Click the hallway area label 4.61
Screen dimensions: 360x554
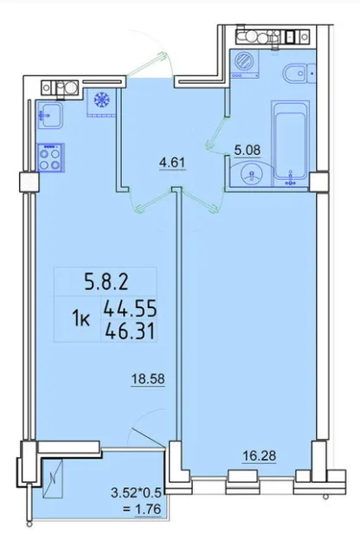172,164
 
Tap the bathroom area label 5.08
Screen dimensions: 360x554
247,150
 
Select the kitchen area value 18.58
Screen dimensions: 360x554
148,379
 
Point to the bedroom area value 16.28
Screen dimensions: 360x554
260,456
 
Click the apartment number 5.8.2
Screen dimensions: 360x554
106,282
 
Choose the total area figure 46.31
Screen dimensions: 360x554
130,332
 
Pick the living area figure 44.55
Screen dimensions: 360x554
130,308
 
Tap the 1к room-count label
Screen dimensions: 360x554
80,319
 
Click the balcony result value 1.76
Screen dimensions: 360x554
148,509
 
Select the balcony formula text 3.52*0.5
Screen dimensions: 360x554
136,493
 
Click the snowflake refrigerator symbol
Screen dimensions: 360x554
102,100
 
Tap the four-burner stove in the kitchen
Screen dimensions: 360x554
50,158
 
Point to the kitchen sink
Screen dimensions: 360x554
50,115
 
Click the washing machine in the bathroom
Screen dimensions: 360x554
244,63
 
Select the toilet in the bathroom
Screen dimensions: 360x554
299,74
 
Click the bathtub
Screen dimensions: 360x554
291,143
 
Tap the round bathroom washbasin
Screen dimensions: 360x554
251,175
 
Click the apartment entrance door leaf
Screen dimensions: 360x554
147,65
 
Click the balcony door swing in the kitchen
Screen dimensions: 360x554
148,438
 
